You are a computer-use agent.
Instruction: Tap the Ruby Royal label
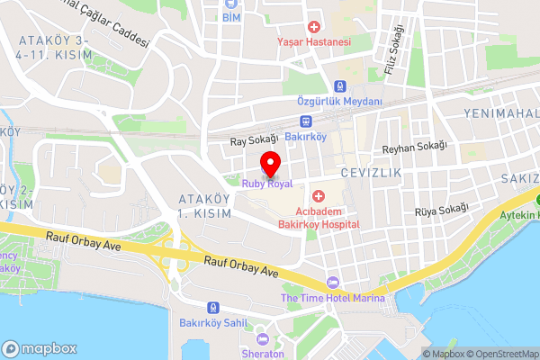click(266, 184)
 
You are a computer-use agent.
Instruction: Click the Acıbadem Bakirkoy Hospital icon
click(318, 196)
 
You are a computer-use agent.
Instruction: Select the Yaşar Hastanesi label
click(313, 42)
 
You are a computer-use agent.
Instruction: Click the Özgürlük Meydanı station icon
click(339, 87)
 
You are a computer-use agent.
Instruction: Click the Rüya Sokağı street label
click(441, 210)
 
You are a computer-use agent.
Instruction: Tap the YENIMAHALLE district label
click(500, 113)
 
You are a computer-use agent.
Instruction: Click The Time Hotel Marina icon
click(333, 283)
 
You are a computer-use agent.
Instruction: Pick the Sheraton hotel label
click(263, 354)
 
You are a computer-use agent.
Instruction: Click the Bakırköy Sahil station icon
click(212, 307)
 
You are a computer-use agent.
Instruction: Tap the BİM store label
click(231, 17)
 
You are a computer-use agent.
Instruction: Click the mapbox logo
click(40, 348)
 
